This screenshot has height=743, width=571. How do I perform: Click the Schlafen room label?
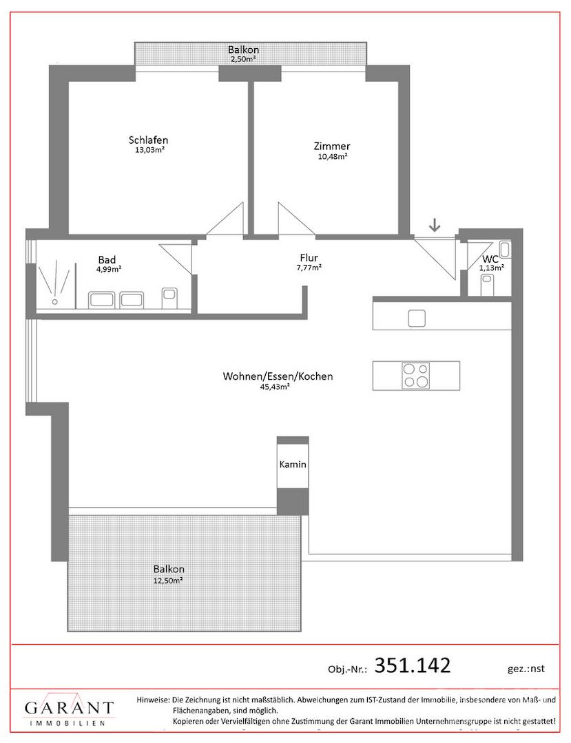point(147,140)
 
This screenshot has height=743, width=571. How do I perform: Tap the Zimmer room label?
point(331,146)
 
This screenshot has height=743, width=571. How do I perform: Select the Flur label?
point(309,258)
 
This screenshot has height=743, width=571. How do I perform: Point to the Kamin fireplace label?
point(293,465)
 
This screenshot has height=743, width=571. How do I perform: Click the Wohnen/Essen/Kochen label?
point(278,376)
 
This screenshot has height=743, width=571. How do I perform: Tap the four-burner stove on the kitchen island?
point(415,376)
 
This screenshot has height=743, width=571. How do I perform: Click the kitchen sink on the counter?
point(417,318)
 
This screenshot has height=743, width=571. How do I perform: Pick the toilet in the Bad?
point(169,297)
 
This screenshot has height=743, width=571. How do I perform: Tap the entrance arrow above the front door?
point(435,225)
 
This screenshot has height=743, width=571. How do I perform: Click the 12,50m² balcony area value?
point(168,581)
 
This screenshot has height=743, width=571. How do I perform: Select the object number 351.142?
point(412,665)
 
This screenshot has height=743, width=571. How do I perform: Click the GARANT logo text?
point(70,709)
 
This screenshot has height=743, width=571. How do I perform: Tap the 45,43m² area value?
point(275,387)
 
